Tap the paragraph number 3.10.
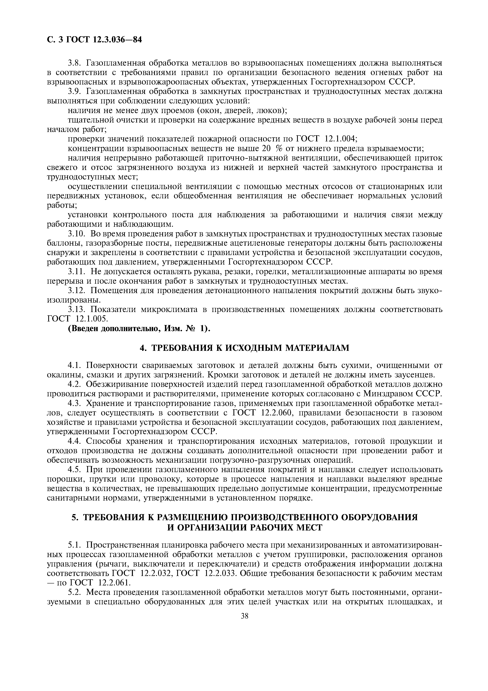pyautogui.click(x=77, y=234)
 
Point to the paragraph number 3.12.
pyautogui.click(x=77, y=291)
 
